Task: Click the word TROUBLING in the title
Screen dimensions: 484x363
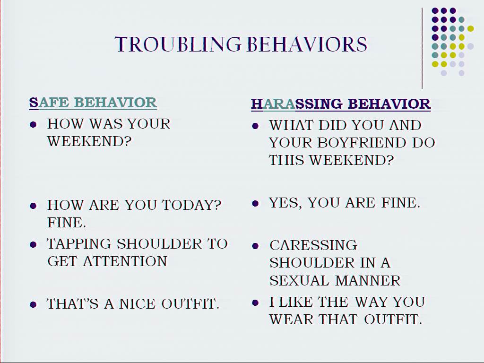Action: pyautogui.click(x=178, y=44)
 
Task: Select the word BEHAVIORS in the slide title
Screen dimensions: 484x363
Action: pyautogui.click(x=307, y=44)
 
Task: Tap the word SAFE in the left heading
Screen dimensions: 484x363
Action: pyautogui.click(x=49, y=103)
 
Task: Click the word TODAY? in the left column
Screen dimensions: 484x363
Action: pyautogui.click(x=192, y=205)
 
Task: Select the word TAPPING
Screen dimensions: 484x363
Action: pyautogui.click(x=79, y=244)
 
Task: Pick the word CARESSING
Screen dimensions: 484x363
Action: pyautogui.click(x=313, y=245)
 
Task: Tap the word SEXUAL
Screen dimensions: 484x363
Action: pyautogui.click(x=299, y=281)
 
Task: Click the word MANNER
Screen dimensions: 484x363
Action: pyautogui.click(x=368, y=281)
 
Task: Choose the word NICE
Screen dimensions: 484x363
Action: pyautogui.click(x=137, y=304)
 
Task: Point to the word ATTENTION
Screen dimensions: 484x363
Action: pyautogui.click(x=125, y=261)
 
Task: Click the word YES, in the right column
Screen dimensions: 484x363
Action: pyautogui.click(x=285, y=203)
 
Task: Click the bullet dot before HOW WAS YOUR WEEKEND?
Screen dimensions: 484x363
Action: pyautogui.click(x=34, y=124)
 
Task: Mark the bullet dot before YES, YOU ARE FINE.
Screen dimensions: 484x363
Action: pyautogui.click(x=255, y=203)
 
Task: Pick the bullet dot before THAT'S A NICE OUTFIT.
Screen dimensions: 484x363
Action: pyautogui.click(x=34, y=305)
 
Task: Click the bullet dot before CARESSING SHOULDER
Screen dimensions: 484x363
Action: pyautogui.click(x=255, y=246)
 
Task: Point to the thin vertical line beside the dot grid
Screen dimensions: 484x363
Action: pyautogui.click(x=422, y=48)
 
